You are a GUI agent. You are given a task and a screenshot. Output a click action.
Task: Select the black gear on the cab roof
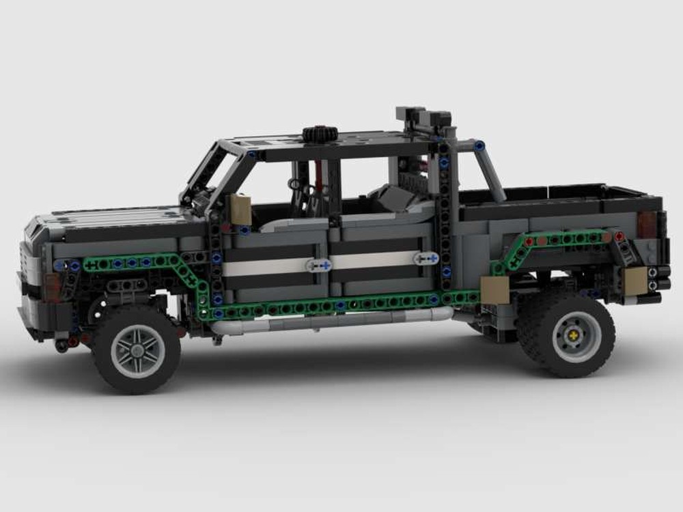pyautogui.click(x=316, y=134)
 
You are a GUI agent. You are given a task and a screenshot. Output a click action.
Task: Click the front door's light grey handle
pyautogui.click(x=318, y=265)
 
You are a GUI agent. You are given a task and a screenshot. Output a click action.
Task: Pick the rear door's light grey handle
pyautogui.click(x=426, y=259)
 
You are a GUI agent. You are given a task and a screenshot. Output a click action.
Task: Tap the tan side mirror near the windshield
pyautogui.click(x=240, y=210)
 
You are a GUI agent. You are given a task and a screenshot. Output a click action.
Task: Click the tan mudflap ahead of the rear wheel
pyautogui.click(x=494, y=289)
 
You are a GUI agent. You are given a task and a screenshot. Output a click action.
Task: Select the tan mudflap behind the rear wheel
pyautogui.click(x=635, y=281)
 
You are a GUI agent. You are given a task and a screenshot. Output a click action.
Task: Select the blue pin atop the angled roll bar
pyautogui.click(x=480, y=145)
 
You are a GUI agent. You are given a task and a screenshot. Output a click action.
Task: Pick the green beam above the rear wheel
pyautogui.click(x=560, y=239)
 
